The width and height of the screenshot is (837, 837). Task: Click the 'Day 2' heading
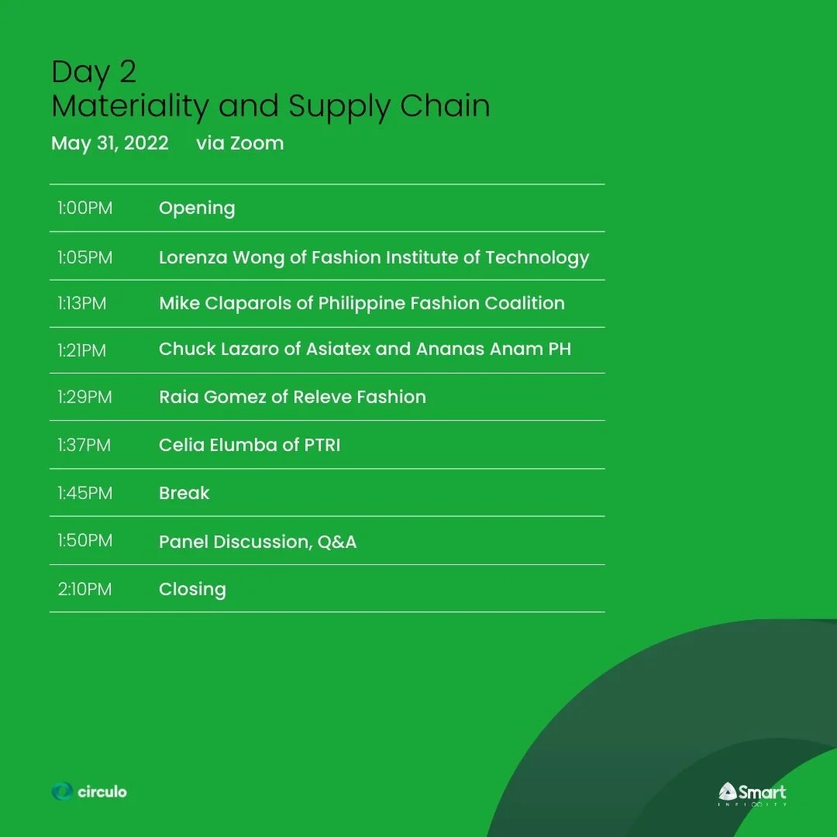94,72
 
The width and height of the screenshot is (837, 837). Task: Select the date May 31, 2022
110,143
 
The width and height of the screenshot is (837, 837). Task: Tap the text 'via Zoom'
239,143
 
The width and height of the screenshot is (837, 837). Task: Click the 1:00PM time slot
84,208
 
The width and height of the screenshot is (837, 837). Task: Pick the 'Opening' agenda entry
197,208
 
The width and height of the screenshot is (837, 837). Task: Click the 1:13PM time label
81,303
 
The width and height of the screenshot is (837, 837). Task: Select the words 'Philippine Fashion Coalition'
441,303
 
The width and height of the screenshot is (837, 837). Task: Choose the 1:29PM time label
84,398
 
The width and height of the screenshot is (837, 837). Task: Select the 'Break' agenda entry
184,493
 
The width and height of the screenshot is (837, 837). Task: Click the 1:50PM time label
84,541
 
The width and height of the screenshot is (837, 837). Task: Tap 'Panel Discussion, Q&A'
257,542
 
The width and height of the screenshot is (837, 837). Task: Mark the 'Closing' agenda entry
192,589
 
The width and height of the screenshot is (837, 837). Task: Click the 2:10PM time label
84,589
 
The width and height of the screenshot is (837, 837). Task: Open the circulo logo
89,791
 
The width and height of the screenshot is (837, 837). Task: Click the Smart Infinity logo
752,794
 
